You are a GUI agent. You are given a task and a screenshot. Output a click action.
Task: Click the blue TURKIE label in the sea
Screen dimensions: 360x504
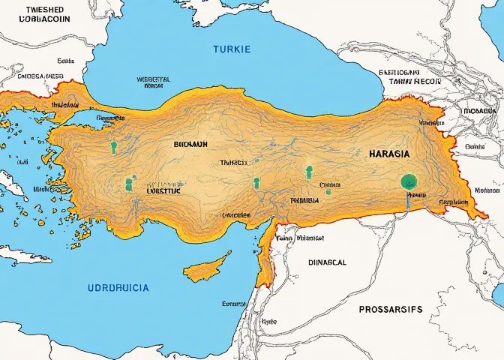(232, 49)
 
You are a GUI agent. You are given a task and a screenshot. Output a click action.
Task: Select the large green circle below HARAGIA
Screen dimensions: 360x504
(409, 181)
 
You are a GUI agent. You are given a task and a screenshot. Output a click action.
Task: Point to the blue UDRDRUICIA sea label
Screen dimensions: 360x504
(118, 288)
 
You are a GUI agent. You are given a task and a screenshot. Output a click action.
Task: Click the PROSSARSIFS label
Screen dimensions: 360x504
(390, 309)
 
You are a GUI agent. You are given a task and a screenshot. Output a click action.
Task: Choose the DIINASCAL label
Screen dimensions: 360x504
(327, 262)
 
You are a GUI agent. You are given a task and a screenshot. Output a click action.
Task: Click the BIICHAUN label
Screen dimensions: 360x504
(190, 142)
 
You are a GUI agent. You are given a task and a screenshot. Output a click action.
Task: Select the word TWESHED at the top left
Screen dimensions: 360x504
(44, 9)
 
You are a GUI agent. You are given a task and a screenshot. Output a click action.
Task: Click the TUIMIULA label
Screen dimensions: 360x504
(304, 201)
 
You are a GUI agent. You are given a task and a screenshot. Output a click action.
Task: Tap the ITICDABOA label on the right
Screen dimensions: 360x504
(480, 110)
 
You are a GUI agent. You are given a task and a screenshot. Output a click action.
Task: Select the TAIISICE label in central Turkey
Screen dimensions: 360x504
(232, 162)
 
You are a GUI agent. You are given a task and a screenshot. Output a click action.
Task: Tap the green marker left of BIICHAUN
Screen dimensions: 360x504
(114, 147)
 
